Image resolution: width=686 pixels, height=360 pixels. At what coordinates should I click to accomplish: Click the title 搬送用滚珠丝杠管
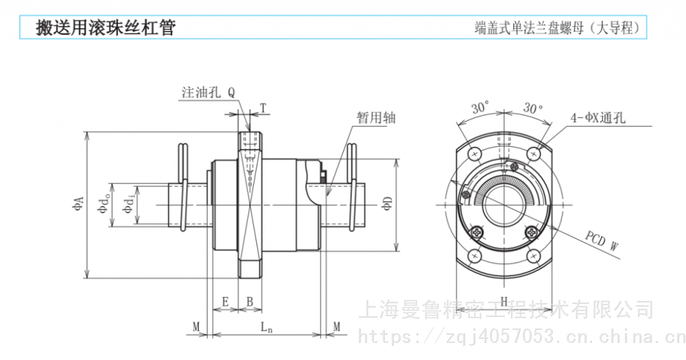pyautogui.click(x=106, y=27)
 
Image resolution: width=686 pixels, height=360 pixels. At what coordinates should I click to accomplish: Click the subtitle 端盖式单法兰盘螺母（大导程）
pyautogui.click(x=557, y=28)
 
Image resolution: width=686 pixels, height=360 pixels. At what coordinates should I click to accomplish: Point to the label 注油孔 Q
pyautogui.click(x=209, y=93)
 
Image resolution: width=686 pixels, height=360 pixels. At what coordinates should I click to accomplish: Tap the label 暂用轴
pyautogui.click(x=376, y=117)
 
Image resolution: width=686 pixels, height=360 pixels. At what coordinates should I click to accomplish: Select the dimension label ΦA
pyautogui.click(x=78, y=204)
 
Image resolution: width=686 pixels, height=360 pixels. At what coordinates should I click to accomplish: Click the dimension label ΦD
pyautogui.click(x=388, y=204)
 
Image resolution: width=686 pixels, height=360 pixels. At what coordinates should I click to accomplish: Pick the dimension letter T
pyautogui.click(x=263, y=108)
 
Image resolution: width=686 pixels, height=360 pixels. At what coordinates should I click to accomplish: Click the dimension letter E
pyautogui.click(x=225, y=302)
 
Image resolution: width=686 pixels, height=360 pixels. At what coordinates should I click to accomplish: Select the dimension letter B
pyautogui.click(x=250, y=302)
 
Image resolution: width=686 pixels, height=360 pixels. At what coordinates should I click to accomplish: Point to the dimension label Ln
pyautogui.click(x=266, y=327)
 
